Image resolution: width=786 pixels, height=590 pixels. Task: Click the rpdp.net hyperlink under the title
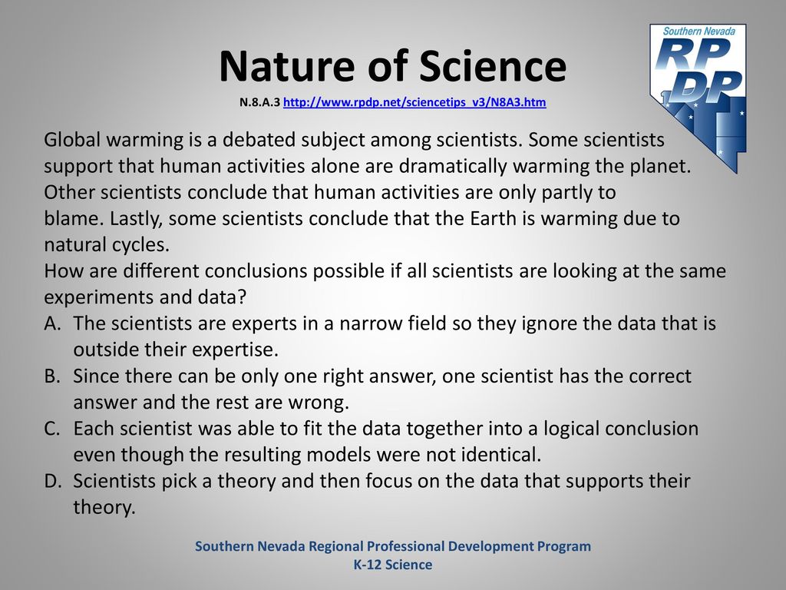(x=414, y=102)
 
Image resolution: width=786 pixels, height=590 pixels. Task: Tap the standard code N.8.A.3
(x=259, y=102)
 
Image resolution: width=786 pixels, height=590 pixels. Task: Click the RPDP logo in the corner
(x=698, y=98)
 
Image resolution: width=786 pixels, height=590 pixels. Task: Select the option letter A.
(x=52, y=323)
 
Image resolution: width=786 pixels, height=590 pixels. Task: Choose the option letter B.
(x=52, y=376)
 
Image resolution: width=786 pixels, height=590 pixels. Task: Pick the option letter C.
(x=52, y=429)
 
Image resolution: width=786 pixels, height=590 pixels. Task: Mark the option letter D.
(x=53, y=481)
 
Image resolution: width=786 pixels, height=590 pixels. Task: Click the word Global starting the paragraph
(x=72, y=140)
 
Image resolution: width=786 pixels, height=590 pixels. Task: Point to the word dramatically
(x=453, y=167)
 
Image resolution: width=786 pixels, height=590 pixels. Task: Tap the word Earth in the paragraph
(x=493, y=219)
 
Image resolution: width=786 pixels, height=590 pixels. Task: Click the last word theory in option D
(x=104, y=508)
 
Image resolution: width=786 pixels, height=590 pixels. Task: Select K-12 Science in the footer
(x=393, y=565)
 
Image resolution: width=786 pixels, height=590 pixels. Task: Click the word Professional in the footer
(x=400, y=546)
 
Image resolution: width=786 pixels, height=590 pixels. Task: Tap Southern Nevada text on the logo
(x=698, y=31)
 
